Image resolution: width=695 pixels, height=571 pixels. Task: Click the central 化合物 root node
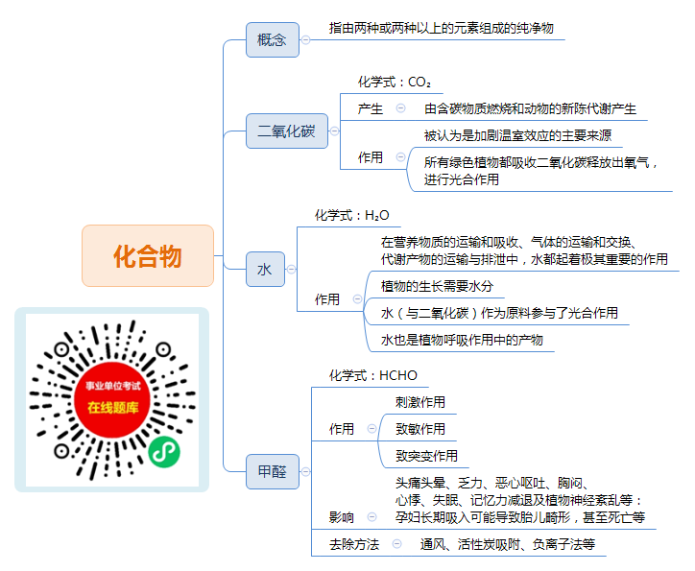148,255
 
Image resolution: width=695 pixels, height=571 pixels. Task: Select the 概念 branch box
273,40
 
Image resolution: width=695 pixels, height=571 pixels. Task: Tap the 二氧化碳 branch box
287,131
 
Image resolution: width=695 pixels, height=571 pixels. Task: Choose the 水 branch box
265,270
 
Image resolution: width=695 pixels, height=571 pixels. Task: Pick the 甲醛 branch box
273,472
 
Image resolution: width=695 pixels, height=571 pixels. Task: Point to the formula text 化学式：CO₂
394,82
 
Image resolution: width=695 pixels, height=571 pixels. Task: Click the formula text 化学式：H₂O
351,215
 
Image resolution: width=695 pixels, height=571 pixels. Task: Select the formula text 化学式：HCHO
372,375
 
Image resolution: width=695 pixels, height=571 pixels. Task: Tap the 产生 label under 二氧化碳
371,108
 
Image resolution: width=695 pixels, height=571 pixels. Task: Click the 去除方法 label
354,544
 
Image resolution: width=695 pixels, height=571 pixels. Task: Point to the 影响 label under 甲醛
342,517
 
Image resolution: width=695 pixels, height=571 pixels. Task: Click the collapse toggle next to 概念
305,40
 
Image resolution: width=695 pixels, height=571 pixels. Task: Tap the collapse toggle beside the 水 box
291,270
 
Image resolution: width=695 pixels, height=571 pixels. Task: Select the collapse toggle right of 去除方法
397,543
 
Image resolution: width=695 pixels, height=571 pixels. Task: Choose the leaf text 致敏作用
420,429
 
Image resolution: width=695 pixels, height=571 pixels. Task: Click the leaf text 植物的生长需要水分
437,286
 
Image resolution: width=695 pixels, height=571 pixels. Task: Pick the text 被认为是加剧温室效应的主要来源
517,135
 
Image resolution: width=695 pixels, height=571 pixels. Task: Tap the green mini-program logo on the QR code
164,452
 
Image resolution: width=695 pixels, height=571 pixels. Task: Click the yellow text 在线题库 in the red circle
112,408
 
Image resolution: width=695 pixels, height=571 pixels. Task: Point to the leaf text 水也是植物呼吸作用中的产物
462,340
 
